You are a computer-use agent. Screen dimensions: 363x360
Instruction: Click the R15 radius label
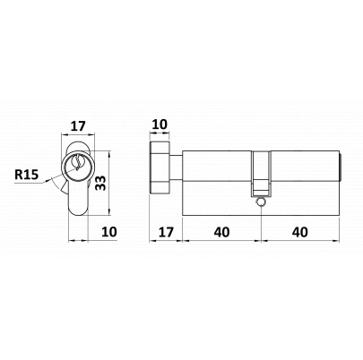pos(27,175)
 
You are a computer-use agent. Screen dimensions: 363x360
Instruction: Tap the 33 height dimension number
pos(100,183)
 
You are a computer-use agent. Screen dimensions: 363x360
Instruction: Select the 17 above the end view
pos(78,126)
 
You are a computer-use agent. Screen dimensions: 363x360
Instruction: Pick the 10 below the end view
pos(109,232)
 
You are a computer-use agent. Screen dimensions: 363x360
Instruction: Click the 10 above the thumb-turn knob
pos(160,124)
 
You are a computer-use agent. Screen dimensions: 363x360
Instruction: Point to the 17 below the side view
pos(166,232)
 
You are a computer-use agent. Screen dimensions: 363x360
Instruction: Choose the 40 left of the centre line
pos(221,232)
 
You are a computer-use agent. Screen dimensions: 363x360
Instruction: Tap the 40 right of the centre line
pos(300,232)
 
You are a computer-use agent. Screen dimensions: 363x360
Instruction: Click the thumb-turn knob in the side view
pos(160,167)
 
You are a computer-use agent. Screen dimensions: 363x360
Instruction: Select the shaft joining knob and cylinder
pos(176,168)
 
